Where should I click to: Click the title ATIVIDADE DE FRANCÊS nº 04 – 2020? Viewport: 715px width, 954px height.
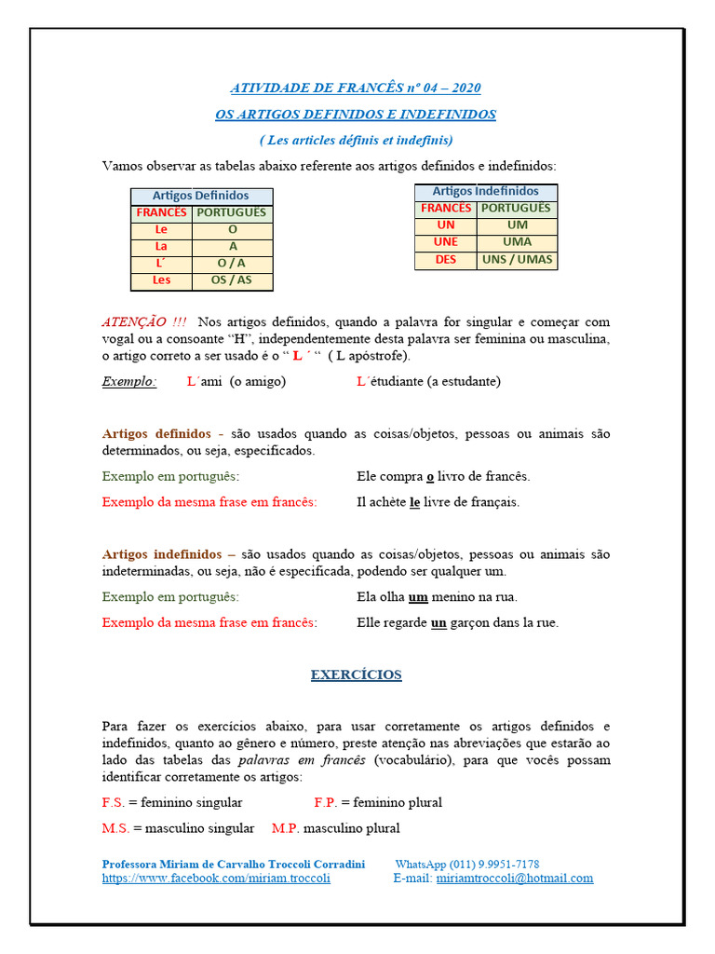356,89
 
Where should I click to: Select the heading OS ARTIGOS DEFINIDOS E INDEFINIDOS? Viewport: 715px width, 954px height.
356,115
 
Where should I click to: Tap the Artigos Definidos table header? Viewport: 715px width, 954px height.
201,196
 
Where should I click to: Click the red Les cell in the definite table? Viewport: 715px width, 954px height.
161,279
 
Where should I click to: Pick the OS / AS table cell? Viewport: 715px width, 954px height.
232,279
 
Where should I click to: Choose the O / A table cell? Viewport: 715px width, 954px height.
232,263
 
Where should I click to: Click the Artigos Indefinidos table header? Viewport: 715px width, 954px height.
485,191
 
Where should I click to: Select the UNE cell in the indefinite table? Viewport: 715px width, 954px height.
446,242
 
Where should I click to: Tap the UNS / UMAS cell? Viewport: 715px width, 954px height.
517,260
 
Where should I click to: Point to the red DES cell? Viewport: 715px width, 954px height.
446,260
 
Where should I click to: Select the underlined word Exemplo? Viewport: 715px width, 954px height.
129,381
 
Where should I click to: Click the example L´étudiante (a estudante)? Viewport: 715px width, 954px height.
428,381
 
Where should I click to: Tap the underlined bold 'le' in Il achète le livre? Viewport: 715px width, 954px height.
415,502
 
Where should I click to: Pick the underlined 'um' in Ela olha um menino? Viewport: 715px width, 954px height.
418,597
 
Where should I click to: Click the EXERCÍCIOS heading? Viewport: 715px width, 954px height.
356,675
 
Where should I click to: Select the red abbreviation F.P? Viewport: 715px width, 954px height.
325,802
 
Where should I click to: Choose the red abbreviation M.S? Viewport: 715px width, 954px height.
115,828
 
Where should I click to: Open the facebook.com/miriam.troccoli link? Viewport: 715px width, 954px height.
216,879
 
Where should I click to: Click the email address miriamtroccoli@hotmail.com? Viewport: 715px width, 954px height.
514,879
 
